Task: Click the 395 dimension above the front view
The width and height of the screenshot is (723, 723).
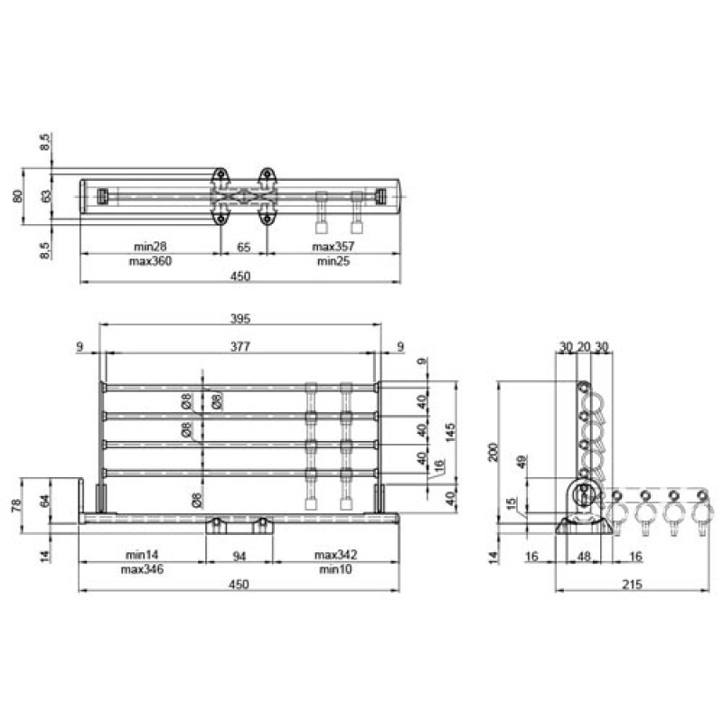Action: coord(240,319)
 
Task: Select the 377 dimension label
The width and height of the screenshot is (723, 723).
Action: coord(240,346)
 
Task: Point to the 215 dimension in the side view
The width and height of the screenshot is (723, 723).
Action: coord(632,584)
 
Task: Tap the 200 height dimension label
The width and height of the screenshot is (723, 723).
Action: coord(493,452)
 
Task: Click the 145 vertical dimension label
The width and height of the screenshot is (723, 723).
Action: coord(450,432)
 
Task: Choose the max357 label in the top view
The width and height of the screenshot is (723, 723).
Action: coord(333,247)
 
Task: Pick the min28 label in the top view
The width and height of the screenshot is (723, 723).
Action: coord(150,247)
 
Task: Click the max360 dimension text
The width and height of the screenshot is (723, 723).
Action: coord(150,261)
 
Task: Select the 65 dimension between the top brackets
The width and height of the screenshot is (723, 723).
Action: coord(243,247)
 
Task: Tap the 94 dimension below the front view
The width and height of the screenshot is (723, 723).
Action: coord(239,557)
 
